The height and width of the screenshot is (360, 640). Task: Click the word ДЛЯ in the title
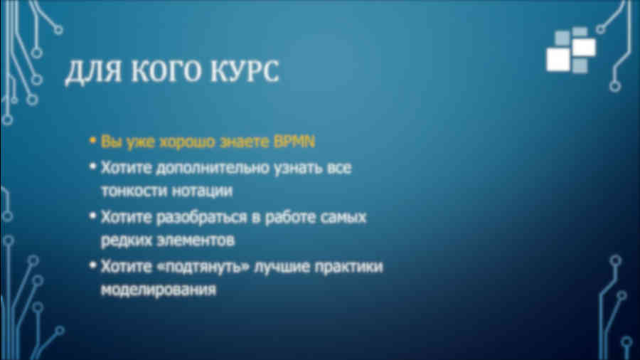93,72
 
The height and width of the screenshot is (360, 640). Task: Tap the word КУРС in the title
245,71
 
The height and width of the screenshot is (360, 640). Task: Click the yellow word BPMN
294,142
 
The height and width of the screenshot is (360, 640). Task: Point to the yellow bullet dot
92,141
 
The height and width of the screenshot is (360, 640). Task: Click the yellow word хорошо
187,142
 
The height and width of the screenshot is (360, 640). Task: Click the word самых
343,218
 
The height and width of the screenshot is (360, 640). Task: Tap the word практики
349,267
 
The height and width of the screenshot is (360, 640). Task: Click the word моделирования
159,290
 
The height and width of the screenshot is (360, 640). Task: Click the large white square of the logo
558,60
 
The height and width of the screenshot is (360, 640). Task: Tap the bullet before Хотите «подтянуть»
92,265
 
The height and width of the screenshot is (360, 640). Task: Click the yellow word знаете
245,142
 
